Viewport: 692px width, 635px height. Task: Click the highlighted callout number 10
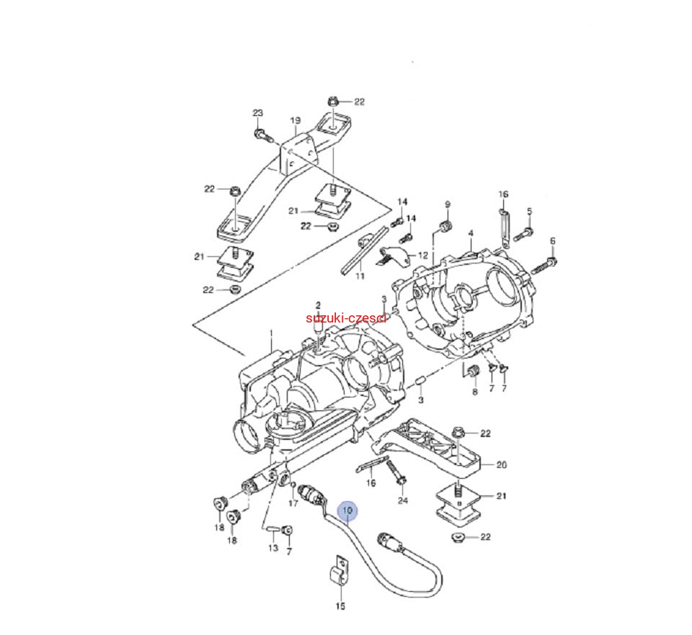(x=348, y=510)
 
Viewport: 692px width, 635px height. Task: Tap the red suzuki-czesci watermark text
(x=347, y=317)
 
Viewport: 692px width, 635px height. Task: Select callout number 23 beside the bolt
(x=258, y=113)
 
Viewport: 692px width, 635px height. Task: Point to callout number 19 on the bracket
(x=295, y=120)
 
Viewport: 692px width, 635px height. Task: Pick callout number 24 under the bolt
(x=402, y=500)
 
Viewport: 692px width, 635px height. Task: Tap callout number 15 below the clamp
(x=340, y=606)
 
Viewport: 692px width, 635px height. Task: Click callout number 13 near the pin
(x=273, y=548)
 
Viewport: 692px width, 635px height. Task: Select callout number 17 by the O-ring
(x=293, y=503)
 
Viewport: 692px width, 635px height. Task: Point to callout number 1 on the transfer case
(x=271, y=333)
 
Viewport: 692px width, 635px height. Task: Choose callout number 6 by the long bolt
(x=553, y=240)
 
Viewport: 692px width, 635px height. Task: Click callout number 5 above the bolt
(x=529, y=211)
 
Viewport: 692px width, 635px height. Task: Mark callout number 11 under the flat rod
(x=360, y=276)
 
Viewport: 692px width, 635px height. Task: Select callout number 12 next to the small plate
(x=422, y=256)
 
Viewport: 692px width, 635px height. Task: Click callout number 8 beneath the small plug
(x=474, y=392)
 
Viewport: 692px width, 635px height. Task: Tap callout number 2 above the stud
(x=317, y=305)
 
